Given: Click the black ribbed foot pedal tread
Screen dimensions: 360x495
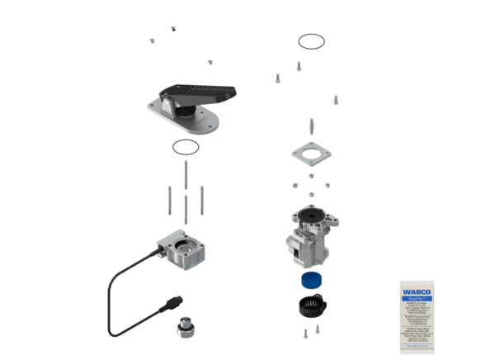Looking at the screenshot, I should point(202,92).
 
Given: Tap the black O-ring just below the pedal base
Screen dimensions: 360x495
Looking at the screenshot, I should point(186,149).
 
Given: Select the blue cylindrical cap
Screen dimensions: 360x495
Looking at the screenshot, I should point(310,280).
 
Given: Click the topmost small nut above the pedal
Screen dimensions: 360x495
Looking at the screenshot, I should point(173,28).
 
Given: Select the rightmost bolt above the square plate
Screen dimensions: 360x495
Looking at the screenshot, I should point(336,100).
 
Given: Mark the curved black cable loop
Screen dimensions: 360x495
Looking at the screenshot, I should point(115,297).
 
